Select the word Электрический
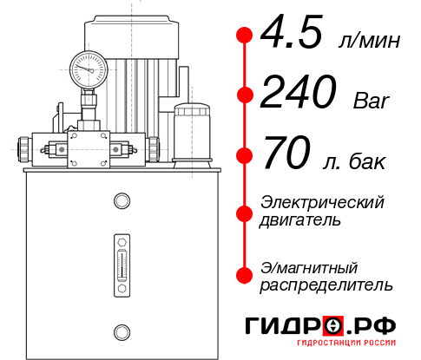pos(322,202)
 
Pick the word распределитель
pos(326,285)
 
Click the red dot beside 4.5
pos(244,36)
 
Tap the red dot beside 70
pos(244,155)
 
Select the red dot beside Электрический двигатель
pos(244,212)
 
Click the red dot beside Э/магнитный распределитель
pos(244,275)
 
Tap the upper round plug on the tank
pos(121,202)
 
